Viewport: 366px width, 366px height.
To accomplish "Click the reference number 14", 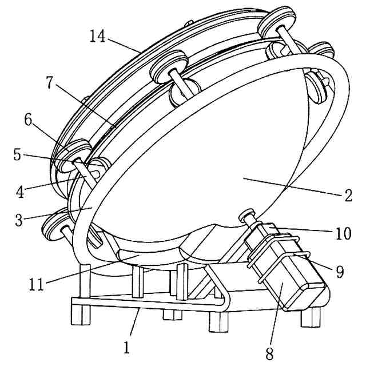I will [x=97, y=37].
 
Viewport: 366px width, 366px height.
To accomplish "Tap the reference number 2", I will [x=347, y=196].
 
